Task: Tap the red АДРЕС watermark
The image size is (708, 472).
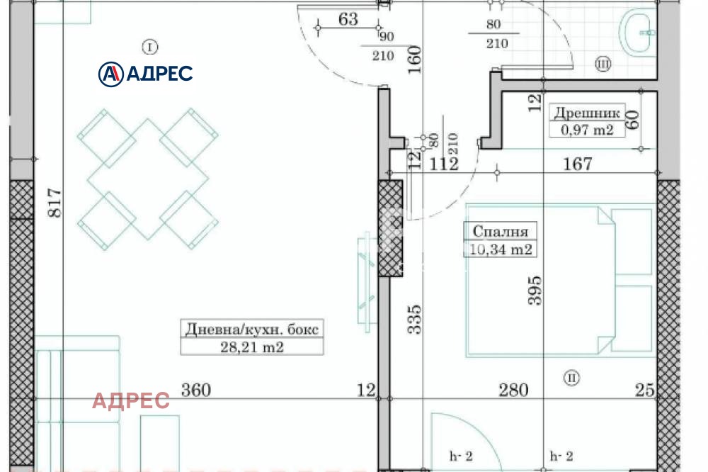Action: [x=131, y=401]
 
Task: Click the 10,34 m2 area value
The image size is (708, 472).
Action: [x=500, y=249]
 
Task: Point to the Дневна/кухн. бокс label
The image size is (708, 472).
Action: [x=252, y=330]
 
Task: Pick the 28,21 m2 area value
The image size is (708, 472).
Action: [x=252, y=347]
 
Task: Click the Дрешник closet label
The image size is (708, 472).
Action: [x=587, y=113]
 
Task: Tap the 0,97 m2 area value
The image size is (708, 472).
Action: [x=587, y=130]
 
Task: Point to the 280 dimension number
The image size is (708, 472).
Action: [x=513, y=390]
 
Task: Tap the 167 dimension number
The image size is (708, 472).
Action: [x=578, y=164]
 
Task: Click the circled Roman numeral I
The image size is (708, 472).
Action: [x=149, y=47]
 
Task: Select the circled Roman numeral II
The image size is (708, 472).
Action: [x=571, y=378]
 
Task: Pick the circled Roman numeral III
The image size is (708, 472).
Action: [x=603, y=65]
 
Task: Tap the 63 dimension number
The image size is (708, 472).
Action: [x=348, y=19]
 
